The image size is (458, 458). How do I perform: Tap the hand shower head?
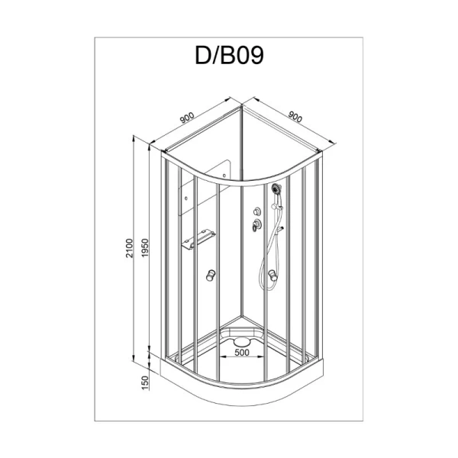[x=276, y=188]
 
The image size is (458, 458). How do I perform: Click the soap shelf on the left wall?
[x=197, y=241]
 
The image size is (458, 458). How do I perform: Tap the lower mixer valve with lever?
[x=254, y=224]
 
